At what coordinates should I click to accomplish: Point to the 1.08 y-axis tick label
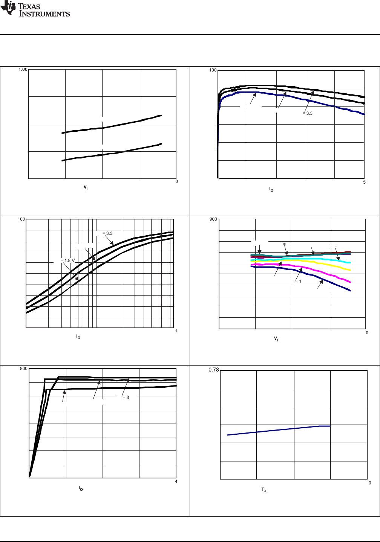(x=23, y=70)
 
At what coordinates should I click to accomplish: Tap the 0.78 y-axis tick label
(x=214, y=370)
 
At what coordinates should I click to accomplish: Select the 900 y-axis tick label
(x=213, y=219)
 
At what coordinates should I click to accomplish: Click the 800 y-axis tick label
(x=24, y=368)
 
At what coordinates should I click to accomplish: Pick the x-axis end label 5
(x=364, y=182)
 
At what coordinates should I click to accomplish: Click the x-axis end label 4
(x=176, y=481)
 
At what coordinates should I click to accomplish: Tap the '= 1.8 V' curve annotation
(x=67, y=260)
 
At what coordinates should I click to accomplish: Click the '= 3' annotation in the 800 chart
(x=126, y=397)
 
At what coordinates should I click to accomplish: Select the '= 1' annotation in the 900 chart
(x=298, y=282)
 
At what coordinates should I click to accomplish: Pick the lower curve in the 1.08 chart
(x=113, y=153)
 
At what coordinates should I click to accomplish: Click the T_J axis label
(x=264, y=490)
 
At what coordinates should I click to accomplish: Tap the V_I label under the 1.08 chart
(x=86, y=187)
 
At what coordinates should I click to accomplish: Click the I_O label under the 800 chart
(x=81, y=489)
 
